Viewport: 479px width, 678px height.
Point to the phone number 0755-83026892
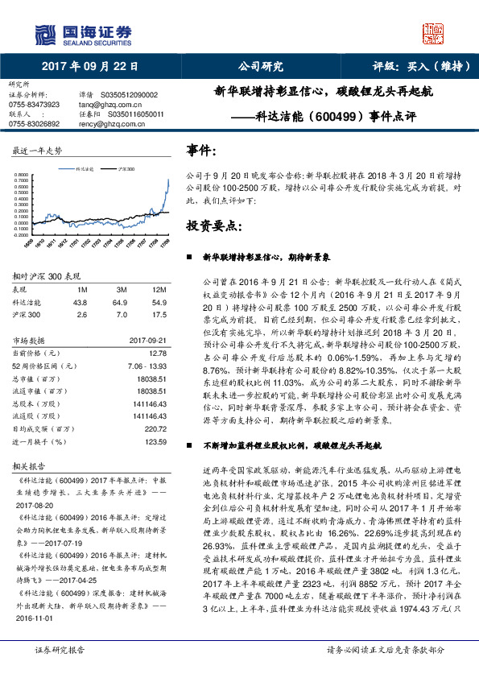34,124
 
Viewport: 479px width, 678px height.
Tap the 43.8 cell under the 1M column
80,303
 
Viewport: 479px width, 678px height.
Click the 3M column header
122,290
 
